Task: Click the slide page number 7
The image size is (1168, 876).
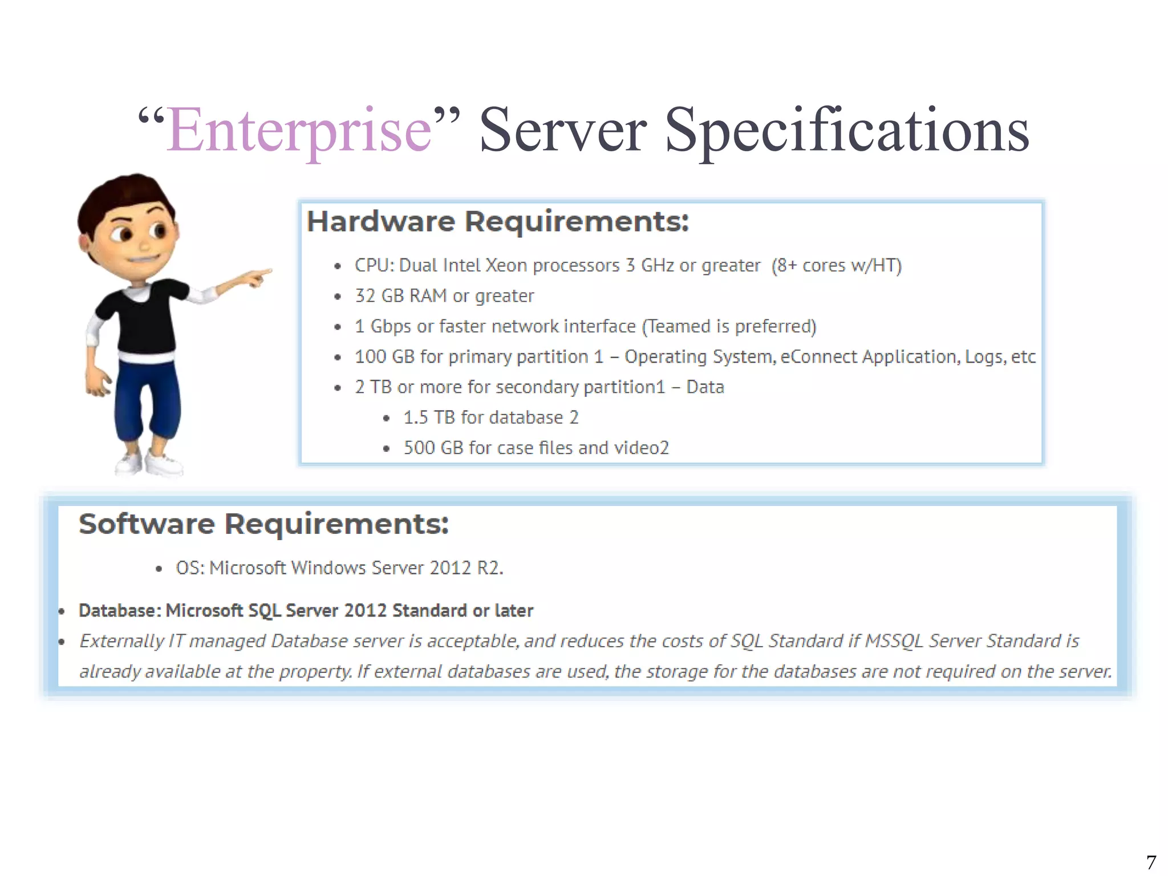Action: tap(1151, 861)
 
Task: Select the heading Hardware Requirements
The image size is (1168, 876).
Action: tap(497, 221)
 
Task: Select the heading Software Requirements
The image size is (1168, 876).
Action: tap(263, 524)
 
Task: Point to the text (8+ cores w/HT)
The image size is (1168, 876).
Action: tap(836, 265)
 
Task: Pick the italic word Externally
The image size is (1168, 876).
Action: tap(121, 641)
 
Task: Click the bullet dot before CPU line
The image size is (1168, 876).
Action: tap(338, 266)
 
